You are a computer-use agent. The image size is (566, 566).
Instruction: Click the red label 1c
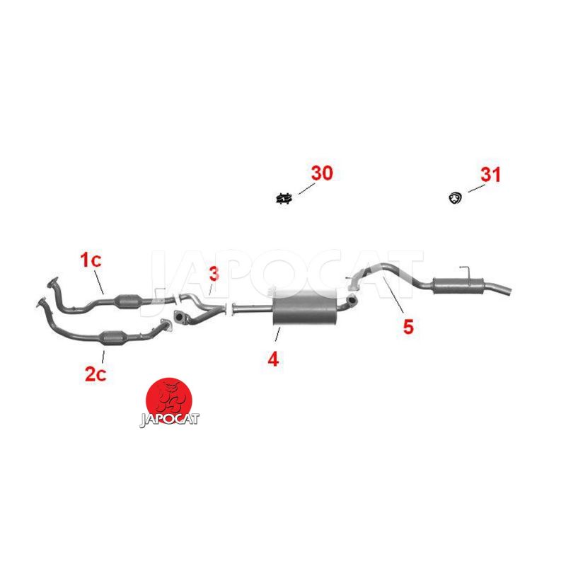pyautogui.click(x=91, y=260)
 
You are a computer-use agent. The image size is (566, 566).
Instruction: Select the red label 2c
pyautogui.click(x=96, y=374)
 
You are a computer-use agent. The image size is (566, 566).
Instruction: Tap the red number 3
pyautogui.click(x=214, y=274)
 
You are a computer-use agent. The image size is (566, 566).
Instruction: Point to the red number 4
pyautogui.click(x=273, y=359)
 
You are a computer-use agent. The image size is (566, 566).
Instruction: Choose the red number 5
pyautogui.click(x=408, y=327)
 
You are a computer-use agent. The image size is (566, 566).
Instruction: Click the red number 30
pyautogui.click(x=322, y=173)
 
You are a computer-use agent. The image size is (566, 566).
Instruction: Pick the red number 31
pyautogui.click(x=490, y=175)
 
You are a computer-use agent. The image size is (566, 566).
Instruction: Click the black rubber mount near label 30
pyautogui.click(x=284, y=199)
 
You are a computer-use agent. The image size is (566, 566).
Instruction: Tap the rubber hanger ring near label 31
pyautogui.click(x=456, y=198)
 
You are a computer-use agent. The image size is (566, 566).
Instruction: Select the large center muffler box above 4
pyautogui.click(x=305, y=307)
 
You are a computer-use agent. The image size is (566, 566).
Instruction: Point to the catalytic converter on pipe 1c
pyautogui.click(x=127, y=301)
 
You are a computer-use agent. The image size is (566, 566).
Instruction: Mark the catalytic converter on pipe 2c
pyautogui.click(x=112, y=338)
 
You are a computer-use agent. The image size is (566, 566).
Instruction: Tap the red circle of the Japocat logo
pyautogui.click(x=169, y=399)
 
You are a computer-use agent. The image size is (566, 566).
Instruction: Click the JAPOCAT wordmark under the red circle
pyautogui.click(x=169, y=419)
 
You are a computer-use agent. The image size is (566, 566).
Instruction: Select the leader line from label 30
pyautogui.click(x=306, y=188)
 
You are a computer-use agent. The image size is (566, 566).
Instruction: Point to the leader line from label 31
pyautogui.click(x=476, y=188)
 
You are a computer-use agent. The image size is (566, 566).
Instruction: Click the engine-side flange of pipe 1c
pyautogui.click(x=52, y=282)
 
